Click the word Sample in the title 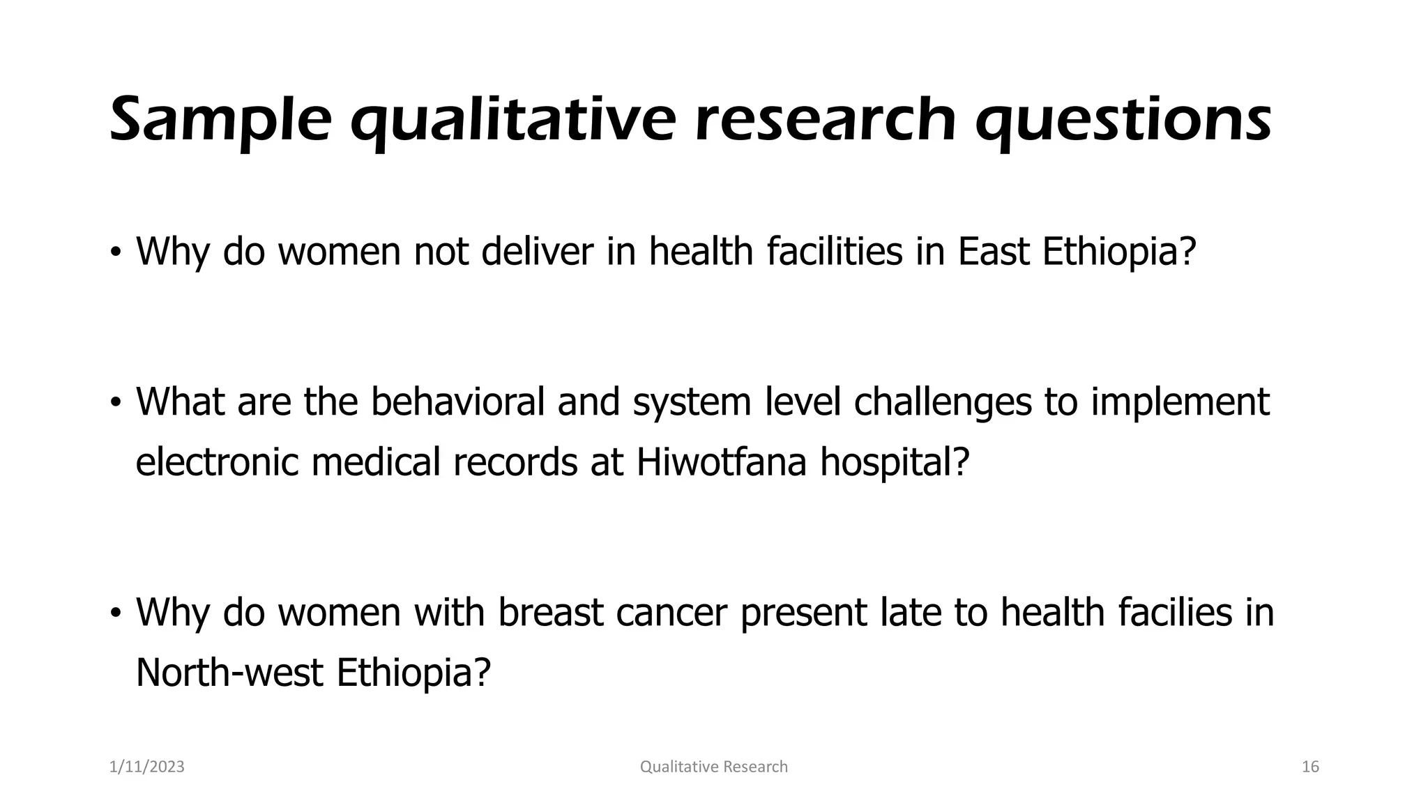coord(220,120)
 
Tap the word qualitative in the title coord(512,120)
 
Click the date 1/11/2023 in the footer coord(147,767)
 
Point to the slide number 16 coord(1310,767)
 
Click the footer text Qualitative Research coord(713,767)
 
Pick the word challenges coord(942,402)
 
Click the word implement coord(1180,402)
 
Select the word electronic coord(218,462)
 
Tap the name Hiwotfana coord(721,462)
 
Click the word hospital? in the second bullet coord(895,462)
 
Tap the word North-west coord(229,673)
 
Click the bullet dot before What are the coord(116,403)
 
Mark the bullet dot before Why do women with coord(116,613)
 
